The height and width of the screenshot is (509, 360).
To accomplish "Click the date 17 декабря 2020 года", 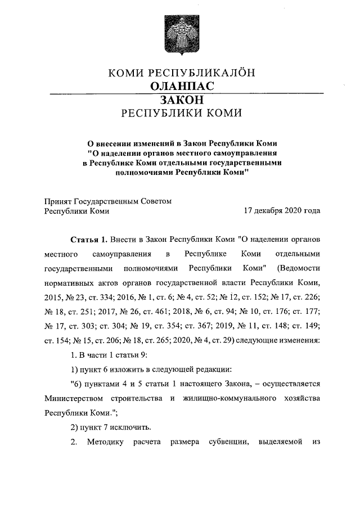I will pos(282,211).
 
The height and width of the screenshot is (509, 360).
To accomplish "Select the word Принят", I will pos(58,201).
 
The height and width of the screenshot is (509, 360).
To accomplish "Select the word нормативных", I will pos(67,280).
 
